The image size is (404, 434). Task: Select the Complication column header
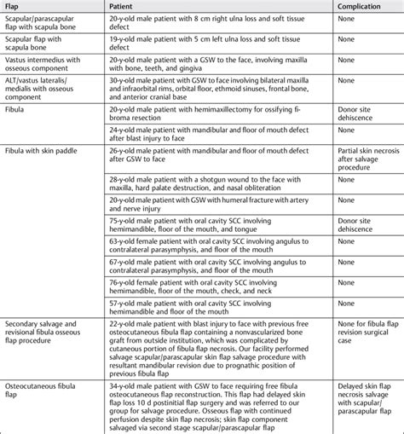[359, 7]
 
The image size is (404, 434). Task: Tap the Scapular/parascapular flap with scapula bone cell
[43, 25]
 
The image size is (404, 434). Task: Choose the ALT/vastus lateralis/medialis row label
[43, 93]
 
